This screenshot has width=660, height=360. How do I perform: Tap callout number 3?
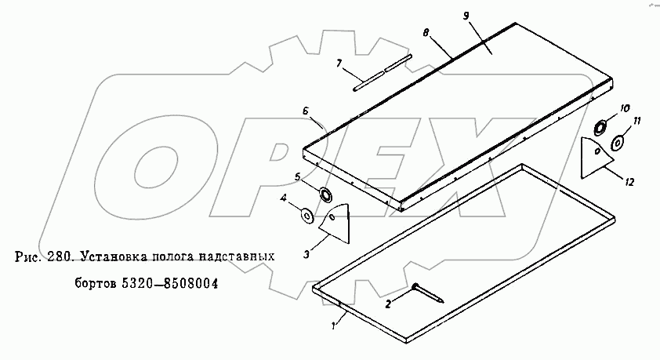pos(306,253)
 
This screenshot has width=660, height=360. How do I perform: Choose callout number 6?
pos(306,111)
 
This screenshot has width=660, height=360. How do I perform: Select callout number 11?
pos(637,121)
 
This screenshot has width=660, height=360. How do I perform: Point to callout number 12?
pos(629,181)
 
